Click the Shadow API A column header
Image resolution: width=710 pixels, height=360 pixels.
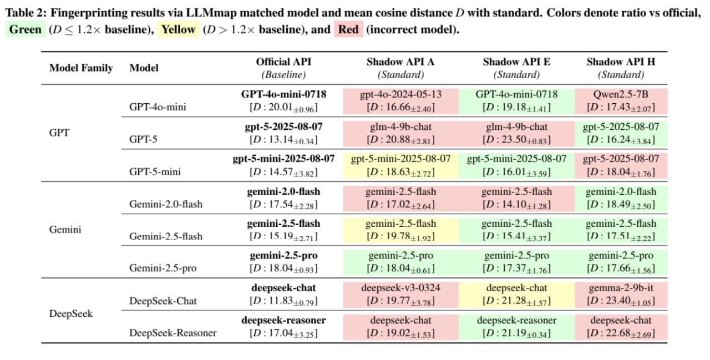pyautogui.click(x=400, y=68)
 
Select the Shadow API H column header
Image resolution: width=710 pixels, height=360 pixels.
pyautogui.click(x=621, y=68)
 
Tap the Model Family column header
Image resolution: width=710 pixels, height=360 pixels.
pyautogui.click(x=81, y=68)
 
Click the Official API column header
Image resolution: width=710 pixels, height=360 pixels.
pyautogui.click(x=283, y=68)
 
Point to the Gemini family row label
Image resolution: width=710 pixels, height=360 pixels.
pyautogui.click(x=65, y=229)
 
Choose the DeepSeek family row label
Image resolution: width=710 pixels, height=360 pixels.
pyautogui.click(x=70, y=313)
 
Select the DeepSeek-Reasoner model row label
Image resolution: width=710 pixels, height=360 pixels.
pyautogui.click(x=173, y=333)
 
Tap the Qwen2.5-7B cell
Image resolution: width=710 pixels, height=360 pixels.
pyautogui.click(x=621, y=100)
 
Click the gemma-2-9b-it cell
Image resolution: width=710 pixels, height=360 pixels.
pyautogui.click(x=621, y=294)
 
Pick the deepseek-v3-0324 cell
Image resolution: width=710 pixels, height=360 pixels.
pyautogui.click(x=400, y=294)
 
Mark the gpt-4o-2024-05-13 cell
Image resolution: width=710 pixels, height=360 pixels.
pyautogui.click(x=400, y=100)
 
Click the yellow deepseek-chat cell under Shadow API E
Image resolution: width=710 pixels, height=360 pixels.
pyautogui.click(x=516, y=294)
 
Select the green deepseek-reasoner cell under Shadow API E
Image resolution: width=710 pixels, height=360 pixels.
pyautogui.click(x=516, y=326)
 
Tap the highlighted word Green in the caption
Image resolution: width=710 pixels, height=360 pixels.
pyautogui.click(x=26, y=29)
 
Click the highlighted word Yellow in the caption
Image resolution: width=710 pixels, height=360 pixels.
pyautogui.click(x=178, y=29)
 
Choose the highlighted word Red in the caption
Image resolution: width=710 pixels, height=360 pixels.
pyautogui.click(x=348, y=29)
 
